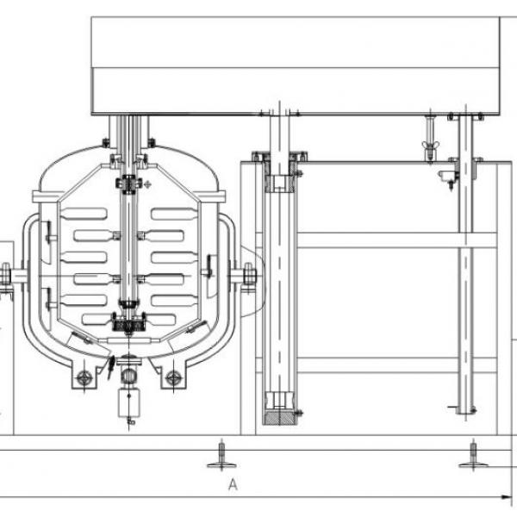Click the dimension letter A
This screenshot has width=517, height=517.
tap(233, 484)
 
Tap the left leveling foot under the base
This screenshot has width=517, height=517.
tap(221, 456)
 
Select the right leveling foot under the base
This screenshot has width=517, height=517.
tap(473, 456)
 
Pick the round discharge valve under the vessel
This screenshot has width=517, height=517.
tap(128, 375)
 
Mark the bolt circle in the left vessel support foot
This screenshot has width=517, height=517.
tap(84, 378)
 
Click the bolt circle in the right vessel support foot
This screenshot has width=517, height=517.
tap(173, 378)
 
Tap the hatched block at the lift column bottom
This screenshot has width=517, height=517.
tap(279, 418)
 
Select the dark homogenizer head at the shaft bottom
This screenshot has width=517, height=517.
tap(128, 322)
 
